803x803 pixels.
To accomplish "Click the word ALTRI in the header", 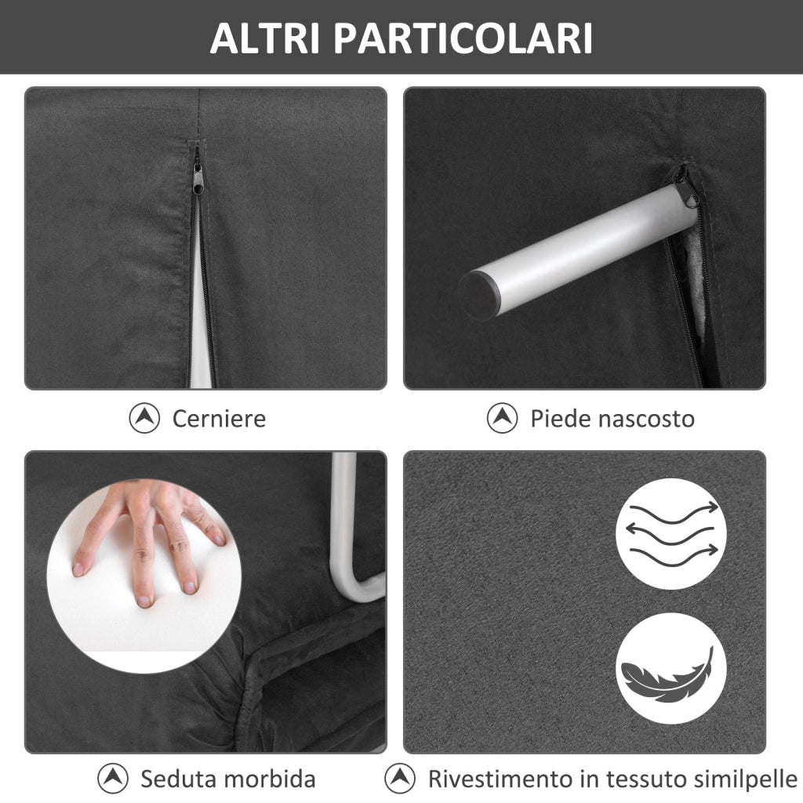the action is click(265, 38).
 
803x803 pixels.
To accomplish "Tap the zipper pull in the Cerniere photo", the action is click(198, 173).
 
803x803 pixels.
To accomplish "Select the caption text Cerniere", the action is click(219, 419).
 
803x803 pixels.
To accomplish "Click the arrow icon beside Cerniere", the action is click(144, 418).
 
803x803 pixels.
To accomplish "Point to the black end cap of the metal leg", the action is click(479, 295).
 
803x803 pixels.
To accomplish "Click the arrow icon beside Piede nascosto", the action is click(502, 418).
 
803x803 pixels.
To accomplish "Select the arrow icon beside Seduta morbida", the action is click(113, 779).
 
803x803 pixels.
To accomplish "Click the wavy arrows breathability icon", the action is click(671, 533).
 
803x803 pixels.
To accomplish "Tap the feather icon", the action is click(671, 668).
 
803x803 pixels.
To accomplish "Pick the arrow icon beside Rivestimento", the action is click(399, 779).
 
